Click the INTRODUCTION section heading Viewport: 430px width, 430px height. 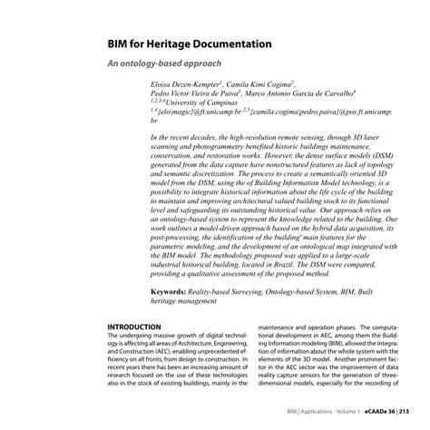coord(134,327)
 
